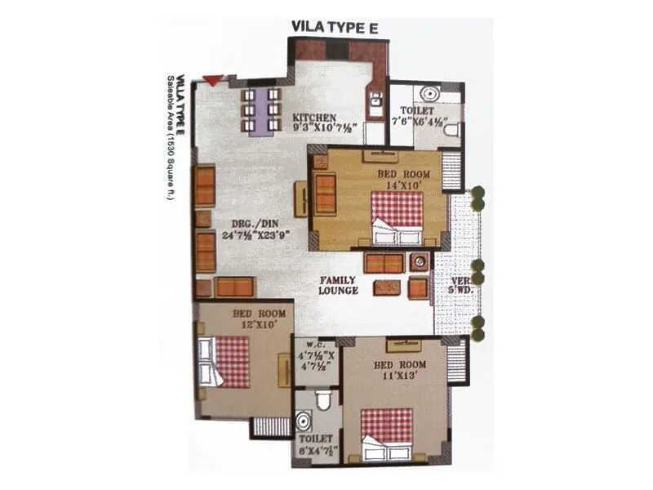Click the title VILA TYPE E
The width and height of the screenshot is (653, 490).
click(335, 27)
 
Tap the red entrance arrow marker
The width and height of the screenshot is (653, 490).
click(212, 80)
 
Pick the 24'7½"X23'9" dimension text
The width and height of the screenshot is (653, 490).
click(257, 234)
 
